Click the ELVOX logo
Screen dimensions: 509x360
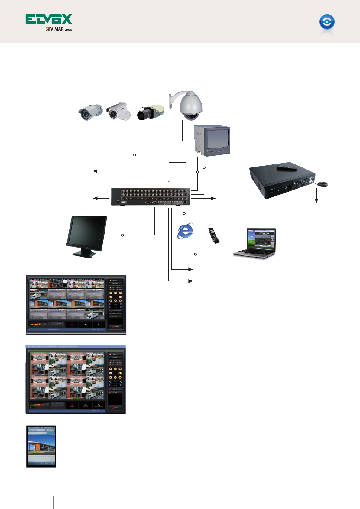click(49, 19)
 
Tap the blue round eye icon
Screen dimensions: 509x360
click(327, 22)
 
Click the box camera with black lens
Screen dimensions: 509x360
click(151, 112)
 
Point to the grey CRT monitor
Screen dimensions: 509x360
click(212, 141)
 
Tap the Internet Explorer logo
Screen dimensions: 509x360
click(186, 231)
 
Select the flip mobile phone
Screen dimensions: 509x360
click(214, 235)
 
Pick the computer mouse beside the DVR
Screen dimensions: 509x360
click(322, 184)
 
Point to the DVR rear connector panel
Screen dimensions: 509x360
click(151, 197)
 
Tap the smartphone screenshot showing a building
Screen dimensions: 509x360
click(41, 446)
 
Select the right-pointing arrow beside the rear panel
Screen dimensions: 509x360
click(213, 198)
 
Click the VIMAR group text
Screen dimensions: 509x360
click(59, 29)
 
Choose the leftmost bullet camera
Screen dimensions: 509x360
click(90, 112)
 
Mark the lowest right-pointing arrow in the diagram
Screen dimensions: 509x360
click(190, 281)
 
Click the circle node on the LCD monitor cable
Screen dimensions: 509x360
click(122, 235)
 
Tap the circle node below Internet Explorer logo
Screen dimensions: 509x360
click(196, 254)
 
